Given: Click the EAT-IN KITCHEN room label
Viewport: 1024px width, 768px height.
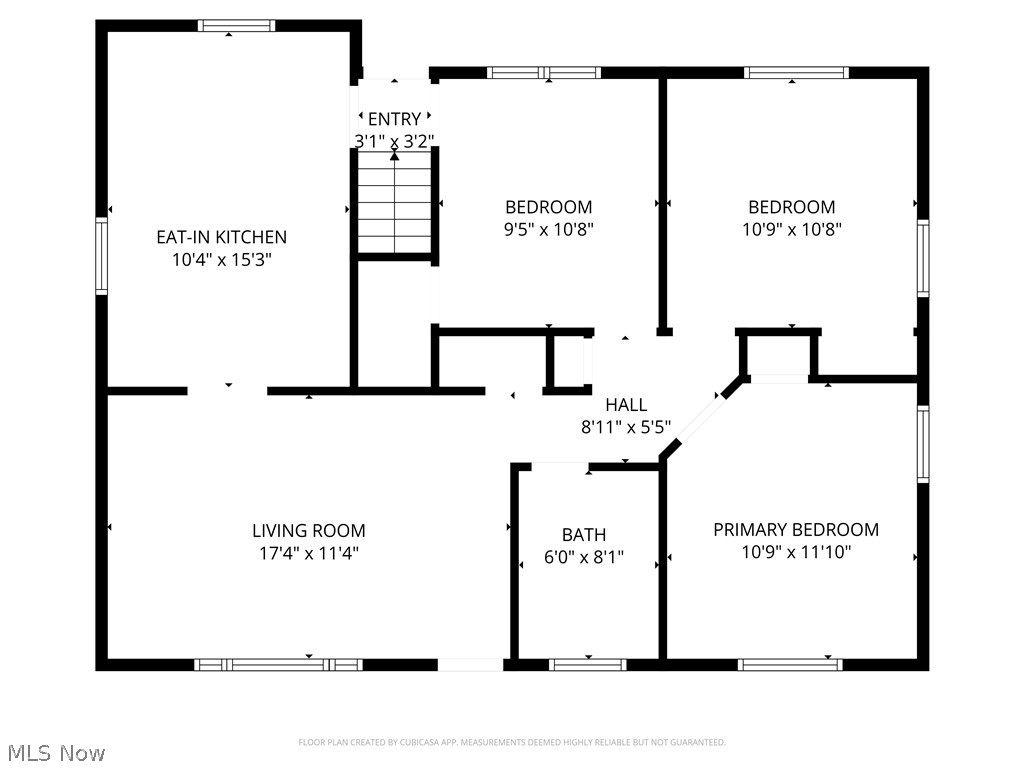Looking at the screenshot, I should pyautogui.click(x=221, y=237).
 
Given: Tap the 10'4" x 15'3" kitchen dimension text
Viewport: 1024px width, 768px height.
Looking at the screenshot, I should pyautogui.click(x=221, y=260).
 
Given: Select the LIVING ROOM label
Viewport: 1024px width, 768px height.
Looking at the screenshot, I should pyautogui.click(x=308, y=531).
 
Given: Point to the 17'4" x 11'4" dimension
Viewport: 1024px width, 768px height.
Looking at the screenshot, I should pyautogui.click(x=308, y=553).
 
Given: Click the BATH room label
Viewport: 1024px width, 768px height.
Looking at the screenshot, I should pyautogui.click(x=584, y=535).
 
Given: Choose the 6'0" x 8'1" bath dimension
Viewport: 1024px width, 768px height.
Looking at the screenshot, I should pyautogui.click(x=584, y=557).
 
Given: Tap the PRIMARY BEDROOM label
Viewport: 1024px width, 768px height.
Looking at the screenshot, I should pyautogui.click(x=795, y=530).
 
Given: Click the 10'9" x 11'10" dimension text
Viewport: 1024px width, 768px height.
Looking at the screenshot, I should pyautogui.click(x=795, y=552).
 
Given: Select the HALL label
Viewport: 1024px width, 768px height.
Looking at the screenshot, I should pyautogui.click(x=626, y=405).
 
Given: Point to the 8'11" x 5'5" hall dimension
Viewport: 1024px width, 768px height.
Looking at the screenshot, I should pyautogui.click(x=626, y=427).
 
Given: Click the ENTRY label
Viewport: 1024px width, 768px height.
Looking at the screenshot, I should pyautogui.click(x=394, y=120).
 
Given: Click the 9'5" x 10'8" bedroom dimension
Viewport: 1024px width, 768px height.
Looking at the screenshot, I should pyautogui.click(x=548, y=229).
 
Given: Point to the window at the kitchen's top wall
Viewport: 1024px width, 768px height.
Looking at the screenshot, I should pyautogui.click(x=236, y=26).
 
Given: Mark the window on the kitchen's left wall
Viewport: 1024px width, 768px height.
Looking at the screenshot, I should pyautogui.click(x=101, y=256).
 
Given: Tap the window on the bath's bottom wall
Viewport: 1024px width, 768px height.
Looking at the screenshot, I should pyautogui.click(x=588, y=664).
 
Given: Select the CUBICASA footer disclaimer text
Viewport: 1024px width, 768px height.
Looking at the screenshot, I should pyautogui.click(x=511, y=742).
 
